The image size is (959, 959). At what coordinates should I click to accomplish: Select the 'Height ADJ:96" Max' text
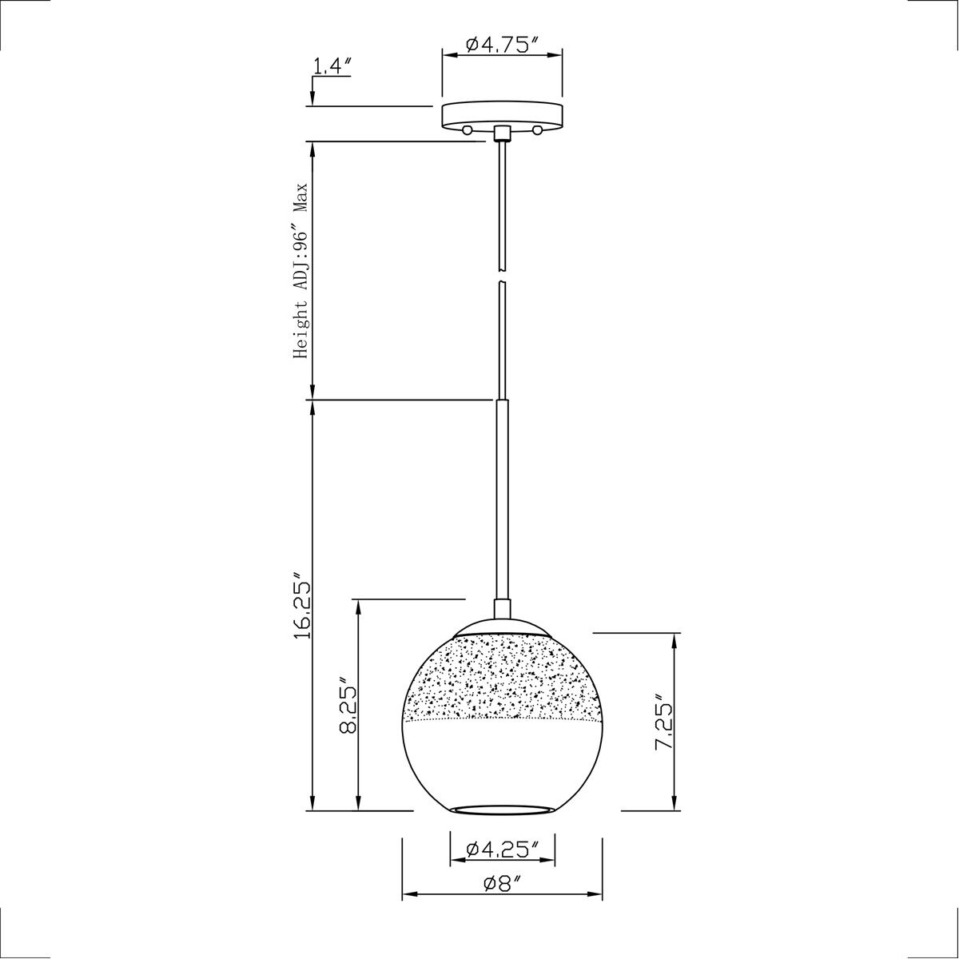tap(300, 271)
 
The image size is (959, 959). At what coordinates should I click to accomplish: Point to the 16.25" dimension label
tap(300, 605)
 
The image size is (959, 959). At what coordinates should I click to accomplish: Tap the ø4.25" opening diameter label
tap(502, 848)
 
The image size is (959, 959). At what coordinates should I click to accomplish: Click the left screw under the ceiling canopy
tap(466, 129)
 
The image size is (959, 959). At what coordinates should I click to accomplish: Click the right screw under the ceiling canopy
tap(538, 129)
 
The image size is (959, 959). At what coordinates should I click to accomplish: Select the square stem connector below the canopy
tap(502, 132)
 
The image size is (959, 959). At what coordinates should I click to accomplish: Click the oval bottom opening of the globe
tap(502, 810)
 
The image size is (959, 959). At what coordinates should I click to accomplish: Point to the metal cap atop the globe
tap(502, 626)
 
